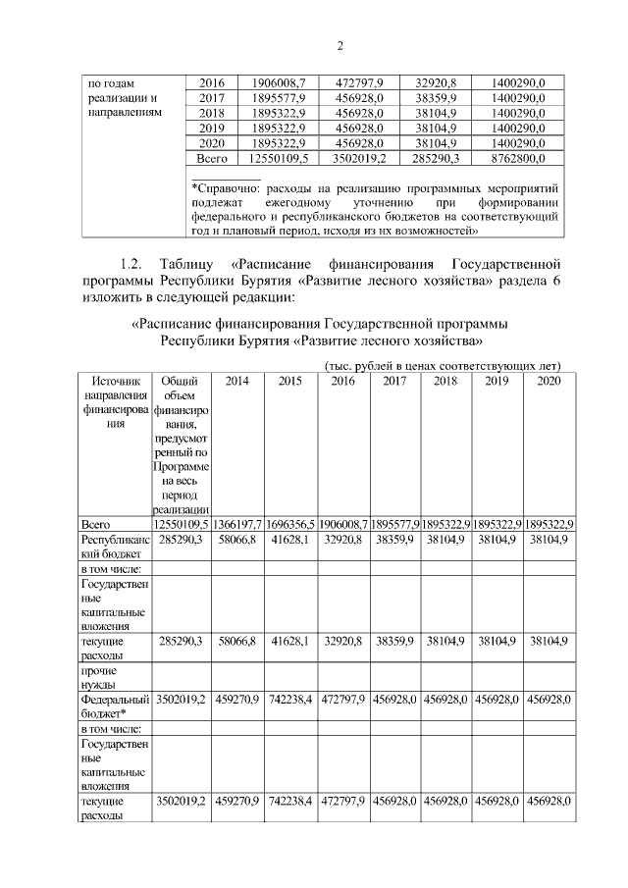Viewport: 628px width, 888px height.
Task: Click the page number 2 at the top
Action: tap(340, 46)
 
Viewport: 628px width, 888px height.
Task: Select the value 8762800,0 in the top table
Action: tap(518, 157)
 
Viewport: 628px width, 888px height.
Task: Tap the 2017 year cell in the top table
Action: tap(212, 98)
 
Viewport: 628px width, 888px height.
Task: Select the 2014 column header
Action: tap(236, 381)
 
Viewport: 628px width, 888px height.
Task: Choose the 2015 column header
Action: tap(289, 381)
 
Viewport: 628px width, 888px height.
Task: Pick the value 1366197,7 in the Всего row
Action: tap(236, 523)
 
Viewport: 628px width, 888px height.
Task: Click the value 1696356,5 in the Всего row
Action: tap(289, 523)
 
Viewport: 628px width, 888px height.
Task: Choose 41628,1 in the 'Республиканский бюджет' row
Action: tap(289, 540)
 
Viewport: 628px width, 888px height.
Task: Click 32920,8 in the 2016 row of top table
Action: tap(435, 83)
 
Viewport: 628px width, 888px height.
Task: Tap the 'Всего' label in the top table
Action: tap(212, 157)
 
